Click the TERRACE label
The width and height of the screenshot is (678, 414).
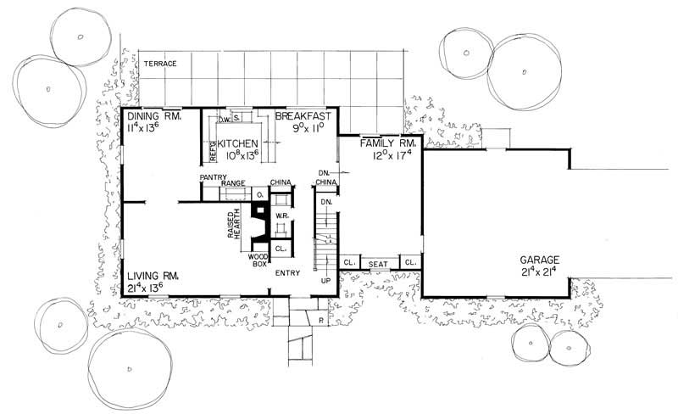[158, 64]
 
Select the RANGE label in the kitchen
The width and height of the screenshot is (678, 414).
[233, 183]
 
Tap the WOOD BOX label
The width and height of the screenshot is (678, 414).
[258, 260]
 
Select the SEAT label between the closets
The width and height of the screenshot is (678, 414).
[379, 265]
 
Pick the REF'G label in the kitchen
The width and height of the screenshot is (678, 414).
[213, 150]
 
